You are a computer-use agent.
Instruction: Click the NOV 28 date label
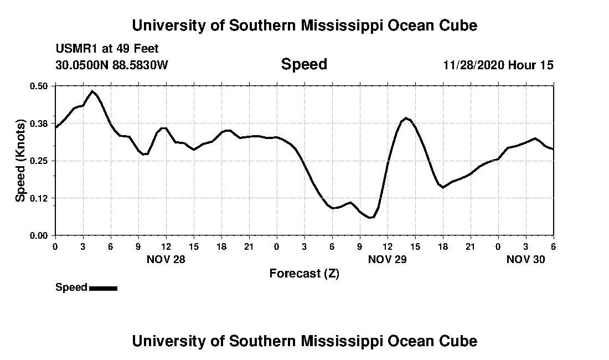tap(166, 259)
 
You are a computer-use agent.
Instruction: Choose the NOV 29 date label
tap(388, 259)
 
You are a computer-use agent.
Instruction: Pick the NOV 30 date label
tap(526, 259)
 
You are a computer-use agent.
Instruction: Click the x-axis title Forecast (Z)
tap(304, 274)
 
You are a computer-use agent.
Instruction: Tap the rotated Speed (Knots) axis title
tap(20, 161)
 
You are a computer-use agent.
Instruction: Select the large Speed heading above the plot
tap(304, 64)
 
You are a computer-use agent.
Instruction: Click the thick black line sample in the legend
tap(103, 288)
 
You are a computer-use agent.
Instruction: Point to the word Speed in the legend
tap(71, 287)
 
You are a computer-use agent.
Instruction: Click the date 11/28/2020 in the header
tap(473, 65)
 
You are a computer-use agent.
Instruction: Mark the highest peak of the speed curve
tap(92, 91)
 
